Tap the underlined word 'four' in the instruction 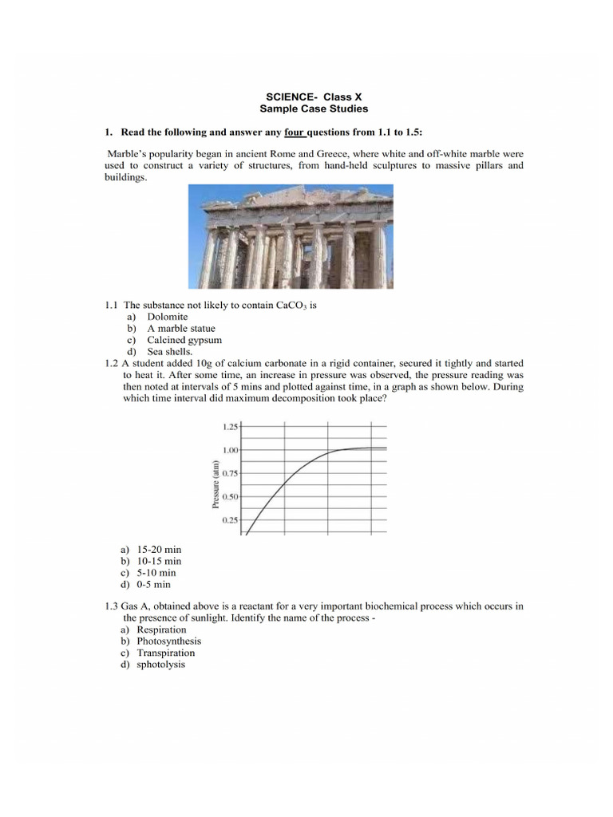point(295,131)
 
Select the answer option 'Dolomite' point(168,317)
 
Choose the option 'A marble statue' point(181,328)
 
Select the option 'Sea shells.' point(169,351)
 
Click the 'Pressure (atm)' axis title point(215,484)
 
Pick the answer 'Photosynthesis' point(168,641)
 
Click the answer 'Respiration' point(161,630)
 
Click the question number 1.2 point(111,363)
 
